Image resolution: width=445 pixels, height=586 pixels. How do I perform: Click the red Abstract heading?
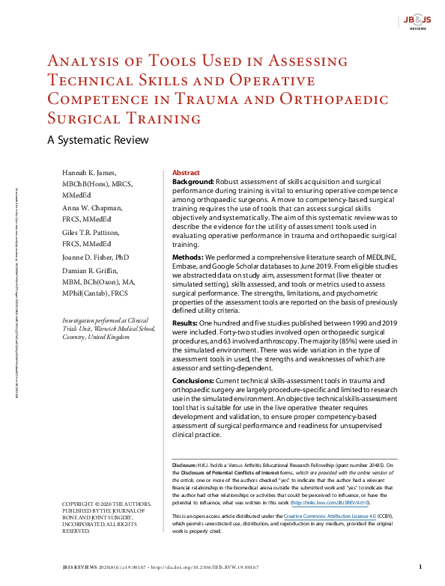click(186, 172)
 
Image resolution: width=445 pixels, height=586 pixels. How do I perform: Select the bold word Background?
click(193, 182)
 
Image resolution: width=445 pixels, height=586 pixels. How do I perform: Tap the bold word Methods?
click(187, 257)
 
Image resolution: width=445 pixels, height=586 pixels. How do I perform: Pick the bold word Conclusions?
click(194, 381)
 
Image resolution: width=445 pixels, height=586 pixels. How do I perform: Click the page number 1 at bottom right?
click(420, 567)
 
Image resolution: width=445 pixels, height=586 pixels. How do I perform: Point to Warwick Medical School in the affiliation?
click(118, 328)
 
